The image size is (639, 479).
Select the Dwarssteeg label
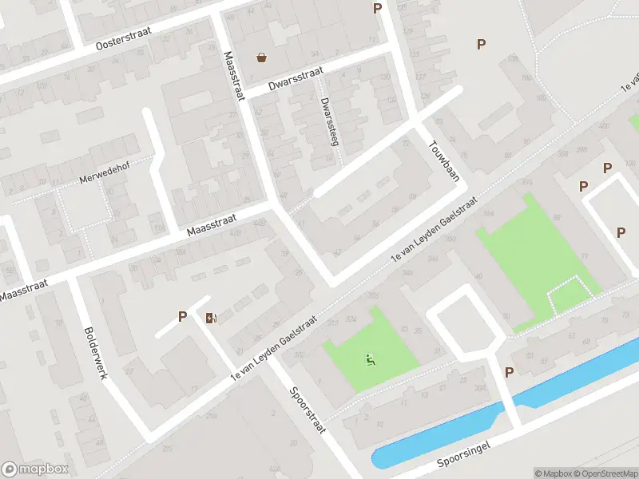[x=327, y=121]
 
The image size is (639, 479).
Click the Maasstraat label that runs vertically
[x=233, y=76]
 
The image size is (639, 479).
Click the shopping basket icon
[x=261, y=57]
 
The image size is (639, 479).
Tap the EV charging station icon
[x=210, y=318]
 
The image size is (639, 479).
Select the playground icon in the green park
[x=370, y=360]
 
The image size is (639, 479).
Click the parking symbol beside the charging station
[x=182, y=317]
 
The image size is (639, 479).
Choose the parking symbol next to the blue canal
[x=510, y=372]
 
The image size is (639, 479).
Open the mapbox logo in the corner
[x=35, y=469]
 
